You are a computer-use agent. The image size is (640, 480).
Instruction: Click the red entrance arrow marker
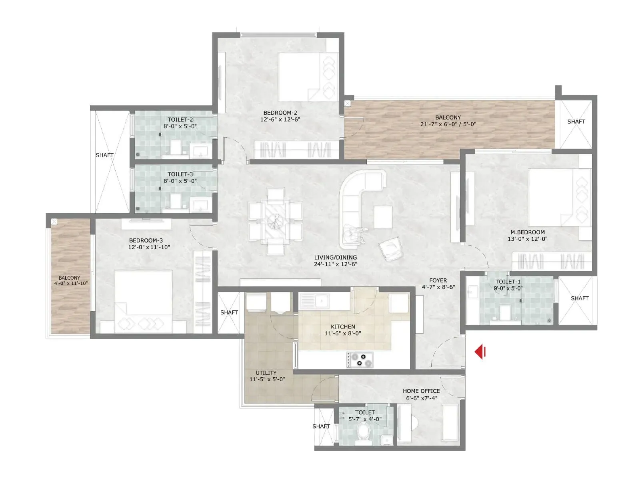[480, 352]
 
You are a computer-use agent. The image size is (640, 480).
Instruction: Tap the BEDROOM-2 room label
[280, 113]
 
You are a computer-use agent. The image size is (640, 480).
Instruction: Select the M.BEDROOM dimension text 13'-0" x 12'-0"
[527, 239]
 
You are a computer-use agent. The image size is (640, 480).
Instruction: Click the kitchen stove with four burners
[360, 359]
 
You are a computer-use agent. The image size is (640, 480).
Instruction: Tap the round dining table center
[275, 220]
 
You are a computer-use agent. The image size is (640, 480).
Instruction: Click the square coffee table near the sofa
[383, 217]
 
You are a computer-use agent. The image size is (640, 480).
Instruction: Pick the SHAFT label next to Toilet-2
[104, 155]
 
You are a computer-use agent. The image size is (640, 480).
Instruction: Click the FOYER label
[438, 280]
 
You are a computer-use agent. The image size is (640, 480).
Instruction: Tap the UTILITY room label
[266, 372]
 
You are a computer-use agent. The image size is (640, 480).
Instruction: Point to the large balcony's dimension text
[448, 124]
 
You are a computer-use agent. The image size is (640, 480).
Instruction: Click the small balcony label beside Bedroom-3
[70, 278]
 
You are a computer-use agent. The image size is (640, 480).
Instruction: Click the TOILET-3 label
[180, 174]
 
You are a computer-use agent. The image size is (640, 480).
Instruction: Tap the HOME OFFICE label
[421, 391]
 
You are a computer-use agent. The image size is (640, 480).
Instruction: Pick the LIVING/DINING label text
[335, 257]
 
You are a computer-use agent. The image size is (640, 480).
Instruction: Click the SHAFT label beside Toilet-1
[579, 298]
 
